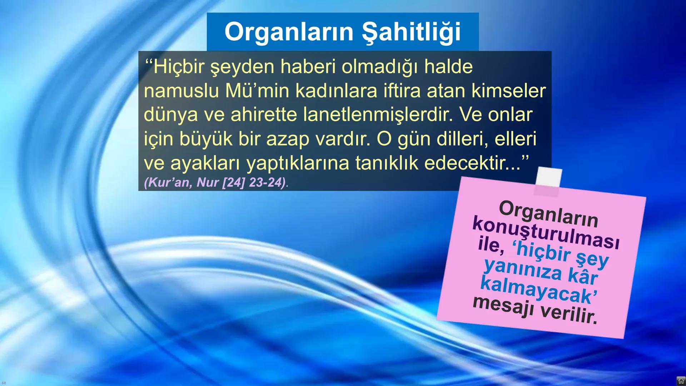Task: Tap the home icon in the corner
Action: pos(681,381)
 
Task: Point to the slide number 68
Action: pos(4,383)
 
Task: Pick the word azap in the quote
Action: pos(288,139)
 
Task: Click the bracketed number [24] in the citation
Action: pos(233,183)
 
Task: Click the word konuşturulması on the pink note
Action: pos(546,232)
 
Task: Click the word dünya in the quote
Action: pos(170,115)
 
